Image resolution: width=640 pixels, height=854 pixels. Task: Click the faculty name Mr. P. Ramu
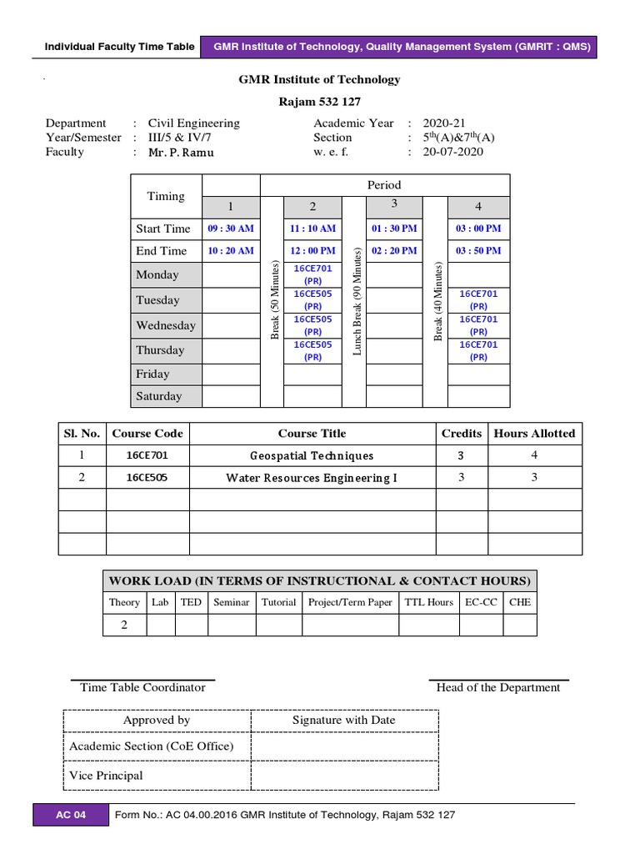tap(181, 152)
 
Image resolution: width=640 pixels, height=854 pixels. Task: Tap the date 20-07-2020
tap(452, 152)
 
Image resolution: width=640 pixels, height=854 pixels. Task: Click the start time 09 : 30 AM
tap(231, 229)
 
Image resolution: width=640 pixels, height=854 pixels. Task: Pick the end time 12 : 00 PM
tap(312, 250)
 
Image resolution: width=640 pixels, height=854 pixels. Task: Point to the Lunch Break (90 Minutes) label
tap(356, 301)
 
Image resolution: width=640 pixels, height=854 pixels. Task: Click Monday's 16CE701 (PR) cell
tap(312, 274)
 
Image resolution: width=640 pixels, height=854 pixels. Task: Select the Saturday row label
tap(158, 396)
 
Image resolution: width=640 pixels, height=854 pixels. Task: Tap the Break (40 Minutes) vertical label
tap(437, 301)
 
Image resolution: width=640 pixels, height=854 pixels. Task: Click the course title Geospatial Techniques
tap(312, 455)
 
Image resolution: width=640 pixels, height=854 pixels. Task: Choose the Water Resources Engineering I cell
tap(312, 478)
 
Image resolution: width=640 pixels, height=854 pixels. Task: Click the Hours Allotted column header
tap(534, 433)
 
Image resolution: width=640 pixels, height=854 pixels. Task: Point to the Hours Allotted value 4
tap(534, 455)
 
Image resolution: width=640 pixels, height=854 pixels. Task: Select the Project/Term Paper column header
tap(350, 602)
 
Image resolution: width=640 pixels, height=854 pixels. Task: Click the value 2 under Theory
tap(124, 625)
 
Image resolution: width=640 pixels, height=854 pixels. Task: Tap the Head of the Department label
tap(498, 687)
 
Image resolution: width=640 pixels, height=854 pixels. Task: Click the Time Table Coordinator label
tap(142, 687)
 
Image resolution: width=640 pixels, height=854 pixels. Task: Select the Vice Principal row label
tap(106, 776)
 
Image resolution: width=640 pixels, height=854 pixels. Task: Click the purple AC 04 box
tap(71, 815)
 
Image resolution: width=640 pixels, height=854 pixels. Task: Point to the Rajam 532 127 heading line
tap(320, 101)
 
